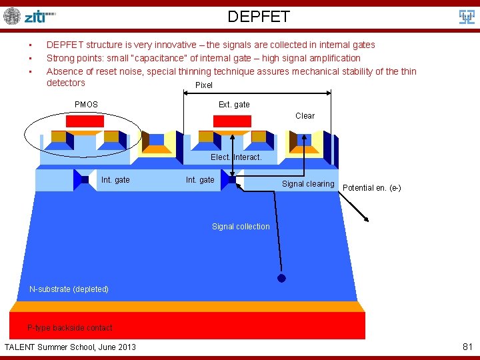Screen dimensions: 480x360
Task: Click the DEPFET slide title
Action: [259, 17]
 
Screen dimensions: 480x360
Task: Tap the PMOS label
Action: [86, 105]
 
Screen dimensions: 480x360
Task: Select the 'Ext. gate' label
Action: [234, 105]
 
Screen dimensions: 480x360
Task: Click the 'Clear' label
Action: [305, 116]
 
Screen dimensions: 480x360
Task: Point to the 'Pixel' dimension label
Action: [204, 85]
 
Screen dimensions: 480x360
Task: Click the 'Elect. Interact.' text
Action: [236, 157]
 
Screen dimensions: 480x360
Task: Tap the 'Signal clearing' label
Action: [308, 184]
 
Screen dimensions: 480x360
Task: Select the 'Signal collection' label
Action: [241, 227]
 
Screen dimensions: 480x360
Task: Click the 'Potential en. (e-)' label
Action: [371, 188]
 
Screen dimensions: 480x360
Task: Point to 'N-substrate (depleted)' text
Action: [69, 289]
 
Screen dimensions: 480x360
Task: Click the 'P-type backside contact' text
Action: [69, 328]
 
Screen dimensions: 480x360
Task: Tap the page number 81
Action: [467, 347]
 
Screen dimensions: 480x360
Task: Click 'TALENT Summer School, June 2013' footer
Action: [70, 347]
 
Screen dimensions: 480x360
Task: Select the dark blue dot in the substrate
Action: [281, 279]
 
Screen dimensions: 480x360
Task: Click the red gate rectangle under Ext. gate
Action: [232, 121]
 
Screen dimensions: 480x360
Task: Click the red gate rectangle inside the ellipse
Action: [85, 121]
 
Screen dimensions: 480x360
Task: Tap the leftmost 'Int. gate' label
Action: [115, 180]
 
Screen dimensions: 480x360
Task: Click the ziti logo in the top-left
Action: [30, 16]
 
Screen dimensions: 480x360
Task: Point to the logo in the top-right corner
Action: [467, 17]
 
